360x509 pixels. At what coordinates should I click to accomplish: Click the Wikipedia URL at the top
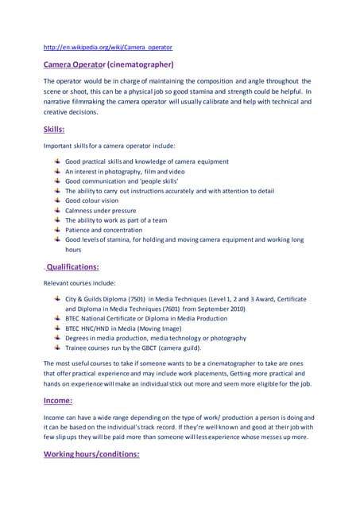click(108, 47)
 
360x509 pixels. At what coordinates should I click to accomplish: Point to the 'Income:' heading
click(58, 401)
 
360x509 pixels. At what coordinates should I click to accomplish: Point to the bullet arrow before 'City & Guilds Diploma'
click(57, 298)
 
